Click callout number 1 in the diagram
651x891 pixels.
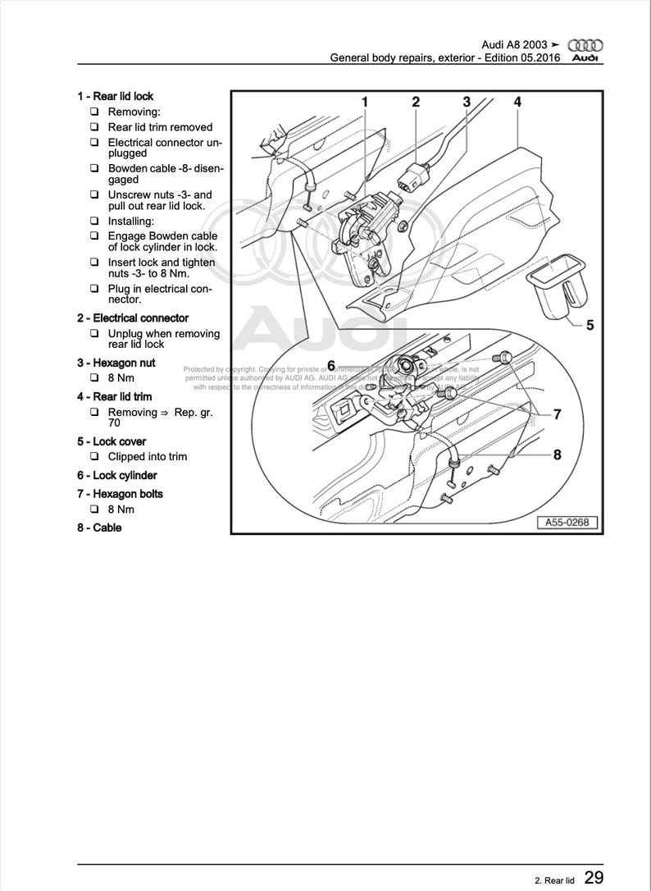365,102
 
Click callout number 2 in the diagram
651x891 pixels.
416,102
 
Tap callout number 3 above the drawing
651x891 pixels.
467,102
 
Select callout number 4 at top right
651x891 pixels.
517,102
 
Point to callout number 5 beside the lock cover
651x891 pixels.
589,325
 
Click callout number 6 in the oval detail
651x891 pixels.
332,364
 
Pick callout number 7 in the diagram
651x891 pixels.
557,414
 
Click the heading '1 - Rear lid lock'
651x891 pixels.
115,96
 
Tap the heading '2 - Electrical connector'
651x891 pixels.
133,318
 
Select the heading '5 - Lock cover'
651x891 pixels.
112,441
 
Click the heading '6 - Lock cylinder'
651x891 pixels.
116,475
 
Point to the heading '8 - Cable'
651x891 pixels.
99,528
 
